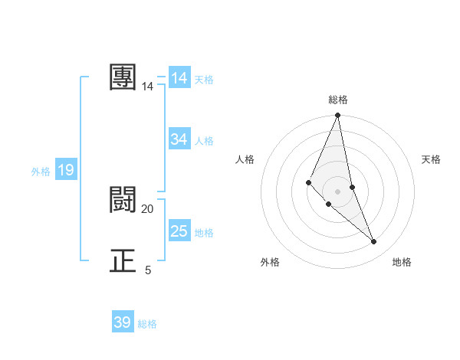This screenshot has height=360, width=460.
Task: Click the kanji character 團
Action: pyautogui.click(x=123, y=77)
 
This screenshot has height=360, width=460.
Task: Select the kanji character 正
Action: pyautogui.click(x=123, y=261)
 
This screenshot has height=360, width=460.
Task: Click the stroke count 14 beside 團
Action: pyautogui.click(x=148, y=87)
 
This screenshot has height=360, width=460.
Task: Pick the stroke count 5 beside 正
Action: pyautogui.click(x=148, y=270)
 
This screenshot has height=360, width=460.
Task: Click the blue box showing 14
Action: pyautogui.click(x=179, y=78)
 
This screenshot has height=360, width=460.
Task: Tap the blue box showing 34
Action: pyautogui.click(x=179, y=139)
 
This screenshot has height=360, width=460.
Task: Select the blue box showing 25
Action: pyautogui.click(x=179, y=231)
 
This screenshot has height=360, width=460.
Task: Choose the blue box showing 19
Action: pyautogui.click(x=66, y=170)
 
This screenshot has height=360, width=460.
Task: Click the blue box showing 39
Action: pyautogui.click(x=123, y=322)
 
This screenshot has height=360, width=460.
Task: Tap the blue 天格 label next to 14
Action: pyautogui.click(x=204, y=79)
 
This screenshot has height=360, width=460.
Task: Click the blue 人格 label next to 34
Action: pyautogui.click(x=204, y=140)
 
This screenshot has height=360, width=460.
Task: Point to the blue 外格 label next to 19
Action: pyautogui.click(x=41, y=172)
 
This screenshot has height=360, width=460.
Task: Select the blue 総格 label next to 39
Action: pyautogui.click(x=147, y=324)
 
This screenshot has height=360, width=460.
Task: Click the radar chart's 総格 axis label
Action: pyautogui.click(x=338, y=100)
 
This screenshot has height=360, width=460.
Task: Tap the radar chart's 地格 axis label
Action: pyautogui.click(x=402, y=263)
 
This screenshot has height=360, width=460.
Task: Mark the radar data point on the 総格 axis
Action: pyautogui.click(x=338, y=116)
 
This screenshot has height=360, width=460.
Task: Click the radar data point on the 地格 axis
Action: pyautogui.click(x=374, y=242)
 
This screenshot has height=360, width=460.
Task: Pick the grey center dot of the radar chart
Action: pyautogui.click(x=337, y=191)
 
